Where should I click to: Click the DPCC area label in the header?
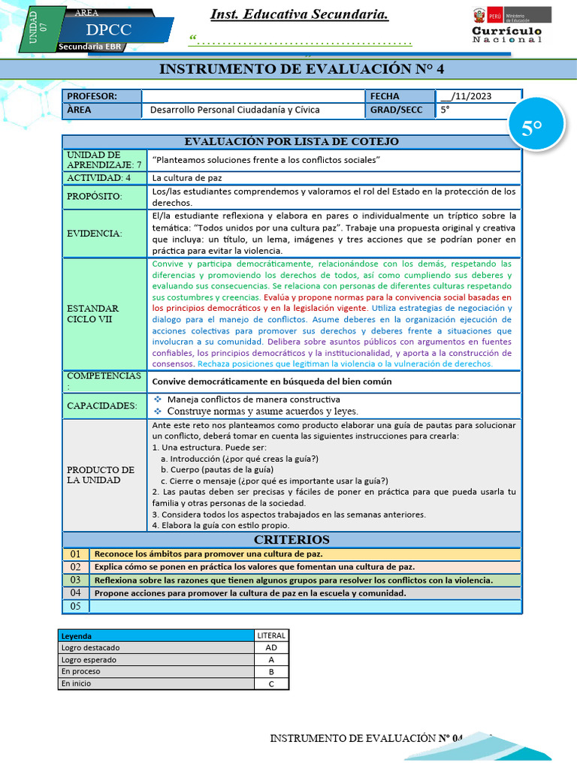(x=109, y=31)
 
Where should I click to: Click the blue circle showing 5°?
(x=532, y=128)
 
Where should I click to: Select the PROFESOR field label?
(x=92, y=96)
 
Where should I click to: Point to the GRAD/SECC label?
(x=396, y=110)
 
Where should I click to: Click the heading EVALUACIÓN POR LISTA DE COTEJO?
(x=292, y=141)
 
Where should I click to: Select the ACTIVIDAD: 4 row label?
(x=98, y=178)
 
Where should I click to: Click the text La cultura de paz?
(x=187, y=178)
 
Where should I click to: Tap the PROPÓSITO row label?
(x=94, y=197)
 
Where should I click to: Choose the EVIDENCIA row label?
(x=94, y=234)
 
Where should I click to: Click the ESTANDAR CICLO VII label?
(x=92, y=314)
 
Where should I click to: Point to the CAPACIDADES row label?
(x=102, y=406)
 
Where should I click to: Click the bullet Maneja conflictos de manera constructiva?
(x=253, y=400)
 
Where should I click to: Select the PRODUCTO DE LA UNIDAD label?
(x=101, y=475)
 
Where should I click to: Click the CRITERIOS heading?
(x=292, y=540)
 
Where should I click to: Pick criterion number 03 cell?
(x=75, y=580)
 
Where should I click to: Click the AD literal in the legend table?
(x=270, y=647)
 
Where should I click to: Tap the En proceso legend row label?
(x=80, y=671)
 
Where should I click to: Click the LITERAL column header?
(x=270, y=635)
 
